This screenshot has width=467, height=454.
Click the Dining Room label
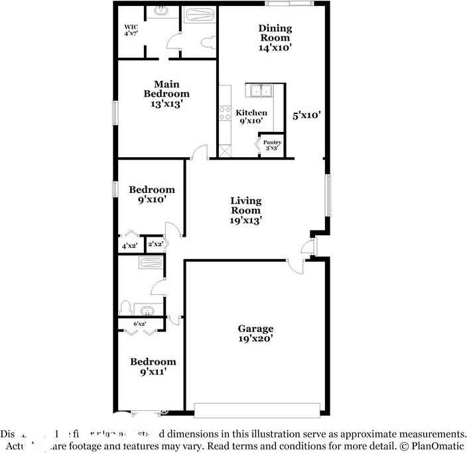[x=275, y=33]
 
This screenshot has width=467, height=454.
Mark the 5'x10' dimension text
[x=307, y=115]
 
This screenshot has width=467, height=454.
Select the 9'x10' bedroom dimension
[x=152, y=199]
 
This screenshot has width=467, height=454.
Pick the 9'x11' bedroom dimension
[x=153, y=372]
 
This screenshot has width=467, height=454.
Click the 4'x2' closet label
[x=129, y=246]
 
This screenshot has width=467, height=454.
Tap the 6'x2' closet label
[x=140, y=324]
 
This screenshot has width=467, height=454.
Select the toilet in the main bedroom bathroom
[x=207, y=44]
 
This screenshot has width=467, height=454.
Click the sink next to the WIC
[x=161, y=11]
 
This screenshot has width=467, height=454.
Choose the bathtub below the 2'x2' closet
[x=150, y=263]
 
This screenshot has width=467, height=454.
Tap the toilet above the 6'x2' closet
[x=125, y=308]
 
